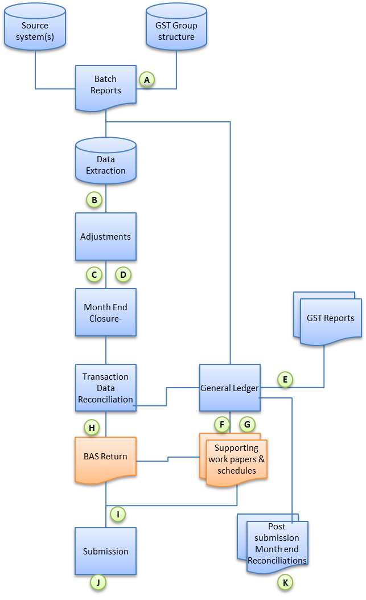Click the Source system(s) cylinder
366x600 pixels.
click(35, 31)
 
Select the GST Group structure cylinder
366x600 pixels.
click(176, 31)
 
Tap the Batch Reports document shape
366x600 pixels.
click(106, 85)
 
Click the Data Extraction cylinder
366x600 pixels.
click(106, 165)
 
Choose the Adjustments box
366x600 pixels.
click(106, 237)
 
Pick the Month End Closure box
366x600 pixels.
click(106, 313)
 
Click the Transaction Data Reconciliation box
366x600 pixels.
click(106, 388)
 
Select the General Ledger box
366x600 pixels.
click(229, 388)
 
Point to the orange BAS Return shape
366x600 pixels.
click(106, 456)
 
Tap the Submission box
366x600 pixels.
click(106, 551)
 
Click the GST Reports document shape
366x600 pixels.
click(330, 319)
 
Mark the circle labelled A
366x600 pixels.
click(147, 80)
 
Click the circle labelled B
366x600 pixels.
click(93, 200)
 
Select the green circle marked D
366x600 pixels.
click(123, 274)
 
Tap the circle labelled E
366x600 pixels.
click(285, 380)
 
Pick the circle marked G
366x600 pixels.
click(247, 424)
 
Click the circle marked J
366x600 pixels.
click(98, 582)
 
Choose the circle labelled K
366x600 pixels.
click(285, 582)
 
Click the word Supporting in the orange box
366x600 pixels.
click(236, 448)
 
